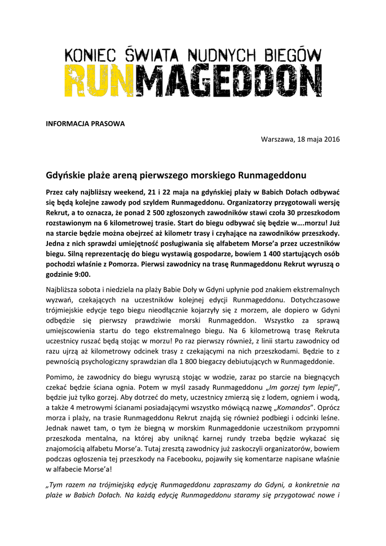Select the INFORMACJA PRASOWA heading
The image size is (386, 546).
85,124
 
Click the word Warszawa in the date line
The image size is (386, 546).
276,139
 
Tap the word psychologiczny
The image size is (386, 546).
115,362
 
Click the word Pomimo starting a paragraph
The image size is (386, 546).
61,378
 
